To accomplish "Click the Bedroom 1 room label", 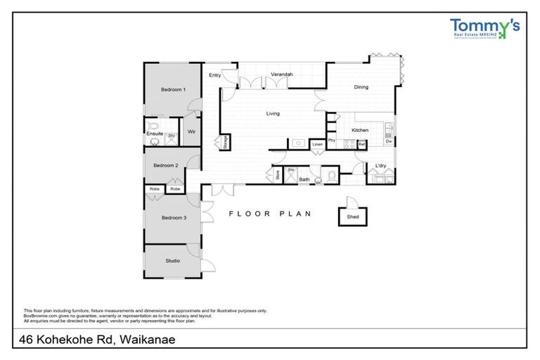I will [173, 89].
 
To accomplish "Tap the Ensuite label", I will [155, 133].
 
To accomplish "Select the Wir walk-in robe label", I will [191, 131].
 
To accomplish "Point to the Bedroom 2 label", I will [166, 165].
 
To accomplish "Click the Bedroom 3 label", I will [173, 218].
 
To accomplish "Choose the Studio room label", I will [172, 261].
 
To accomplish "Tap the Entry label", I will [214, 75].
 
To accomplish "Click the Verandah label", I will [281, 74].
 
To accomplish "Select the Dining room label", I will [361, 87].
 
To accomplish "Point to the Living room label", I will [273, 113].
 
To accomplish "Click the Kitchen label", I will [360, 131].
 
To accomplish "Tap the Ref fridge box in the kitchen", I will [361, 144].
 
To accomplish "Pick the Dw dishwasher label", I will [388, 142].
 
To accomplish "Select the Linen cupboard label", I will [317, 144].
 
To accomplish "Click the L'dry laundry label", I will [381, 166].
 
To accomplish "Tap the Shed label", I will [352, 218].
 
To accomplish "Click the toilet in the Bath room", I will [331, 174].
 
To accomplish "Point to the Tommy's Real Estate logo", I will [484, 28].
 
